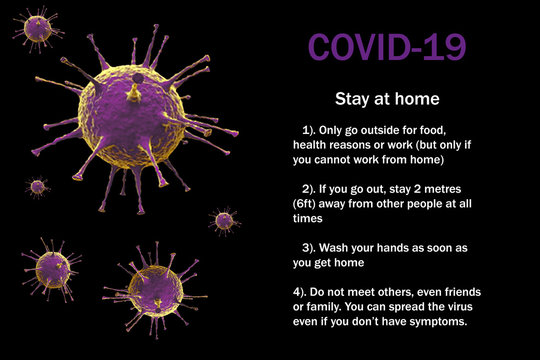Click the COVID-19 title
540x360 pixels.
pyautogui.click(x=387, y=47)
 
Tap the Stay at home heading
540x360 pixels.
pyautogui.click(x=387, y=99)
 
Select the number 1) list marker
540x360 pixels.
pyautogui.click(x=309, y=130)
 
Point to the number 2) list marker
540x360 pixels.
pyautogui.click(x=309, y=189)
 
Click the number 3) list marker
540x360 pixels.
pyautogui.click(x=309, y=248)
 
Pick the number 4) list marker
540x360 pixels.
pyautogui.click(x=300, y=292)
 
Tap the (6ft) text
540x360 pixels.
pyautogui.click(x=304, y=204)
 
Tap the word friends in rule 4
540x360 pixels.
pyautogui.click(x=463, y=292)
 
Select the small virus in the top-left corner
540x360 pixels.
pyautogui.click(x=38, y=29)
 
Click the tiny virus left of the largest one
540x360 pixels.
pyautogui.click(x=38, y=187)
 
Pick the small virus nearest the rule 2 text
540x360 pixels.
pyautogui.click(x=225, y=221)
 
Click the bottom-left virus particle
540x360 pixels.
pyautogui.click(x=52, y=269)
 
